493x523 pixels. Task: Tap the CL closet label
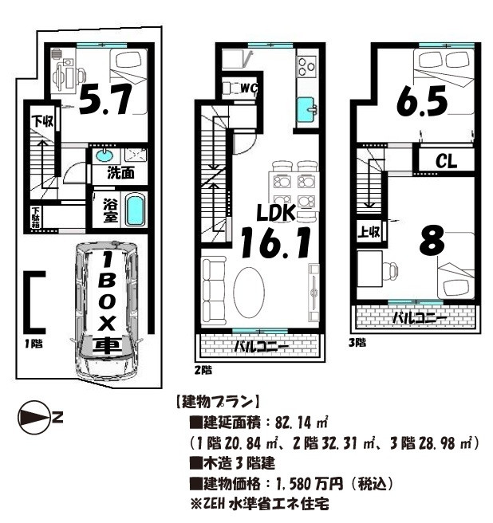point(446,162)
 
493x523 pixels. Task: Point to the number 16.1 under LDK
point(275,243)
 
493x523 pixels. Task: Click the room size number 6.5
point(422,100)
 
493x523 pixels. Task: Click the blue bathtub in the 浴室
point(135,210)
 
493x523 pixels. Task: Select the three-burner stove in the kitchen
point(306,66)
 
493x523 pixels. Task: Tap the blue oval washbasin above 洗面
point(105,155)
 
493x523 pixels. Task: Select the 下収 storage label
point(43,120)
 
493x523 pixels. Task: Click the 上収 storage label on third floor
point(369,231)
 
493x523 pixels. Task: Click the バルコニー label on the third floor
point(420,318)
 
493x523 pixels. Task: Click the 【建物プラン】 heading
point(217,403)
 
